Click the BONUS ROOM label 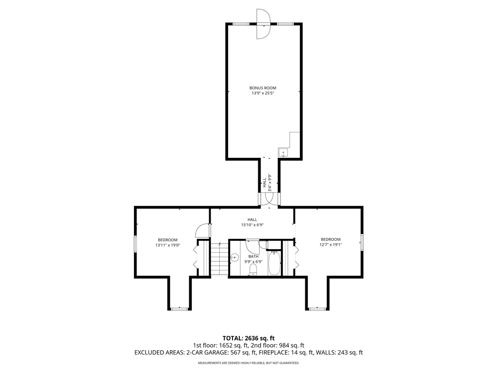[x=263, y=88]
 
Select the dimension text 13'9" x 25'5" [x=263, y=93]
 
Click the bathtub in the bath [x=274, y=263]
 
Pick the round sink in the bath [x=234, y=258]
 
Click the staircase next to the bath [x=220, y=259]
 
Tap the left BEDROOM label [x=167, y=240]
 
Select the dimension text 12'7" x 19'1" [x=331, y=245]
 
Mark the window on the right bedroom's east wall [x=362, y=242]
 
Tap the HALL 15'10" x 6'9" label [x=252, y=222]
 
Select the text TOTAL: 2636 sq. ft [x=248, y=338]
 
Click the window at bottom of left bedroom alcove [x=180, y=308]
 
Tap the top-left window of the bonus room [x=241, y=23]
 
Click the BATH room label [x=253, y=256]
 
